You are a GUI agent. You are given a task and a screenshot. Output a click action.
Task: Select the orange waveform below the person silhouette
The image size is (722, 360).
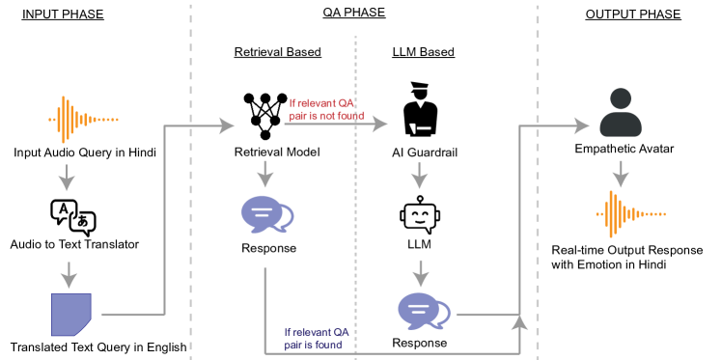pyautogui.click(x=629, y=213)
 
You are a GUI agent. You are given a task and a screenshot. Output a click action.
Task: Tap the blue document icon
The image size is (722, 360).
pyautogui.click(x=71, y=314)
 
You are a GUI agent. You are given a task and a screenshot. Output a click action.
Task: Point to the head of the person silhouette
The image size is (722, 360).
pyautogui.click(x=621, y=99)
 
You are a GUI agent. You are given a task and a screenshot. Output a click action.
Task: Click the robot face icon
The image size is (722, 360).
pyautogui.click(x=420, y=214)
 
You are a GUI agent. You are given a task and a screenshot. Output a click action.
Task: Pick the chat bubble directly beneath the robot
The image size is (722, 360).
pyautogui.click(x=423, y=310)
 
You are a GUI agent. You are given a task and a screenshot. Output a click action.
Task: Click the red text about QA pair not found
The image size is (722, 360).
pyautogui.click(x=326, y=109)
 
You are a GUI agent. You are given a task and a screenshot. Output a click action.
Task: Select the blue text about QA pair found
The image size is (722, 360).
pyautogui.click(x=317, y=337)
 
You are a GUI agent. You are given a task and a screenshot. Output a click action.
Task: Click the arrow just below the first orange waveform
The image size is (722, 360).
pyautogui.click(x=67, y=178)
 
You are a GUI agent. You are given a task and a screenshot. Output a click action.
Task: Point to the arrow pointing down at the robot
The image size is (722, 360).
pyautogui.click(x=419, y=176)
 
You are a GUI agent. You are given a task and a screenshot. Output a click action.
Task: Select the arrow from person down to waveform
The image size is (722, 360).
pyautogui.click(x=621, y=174)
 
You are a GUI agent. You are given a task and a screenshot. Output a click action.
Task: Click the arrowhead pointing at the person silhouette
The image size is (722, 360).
pyautogui.click(x=581, y=125)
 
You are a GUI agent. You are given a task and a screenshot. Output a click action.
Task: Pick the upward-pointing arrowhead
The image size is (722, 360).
pyautogui.click(x=519, y=320)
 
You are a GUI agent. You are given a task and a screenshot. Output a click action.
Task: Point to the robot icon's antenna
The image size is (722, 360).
pyautogui.click(x=420, y=198)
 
